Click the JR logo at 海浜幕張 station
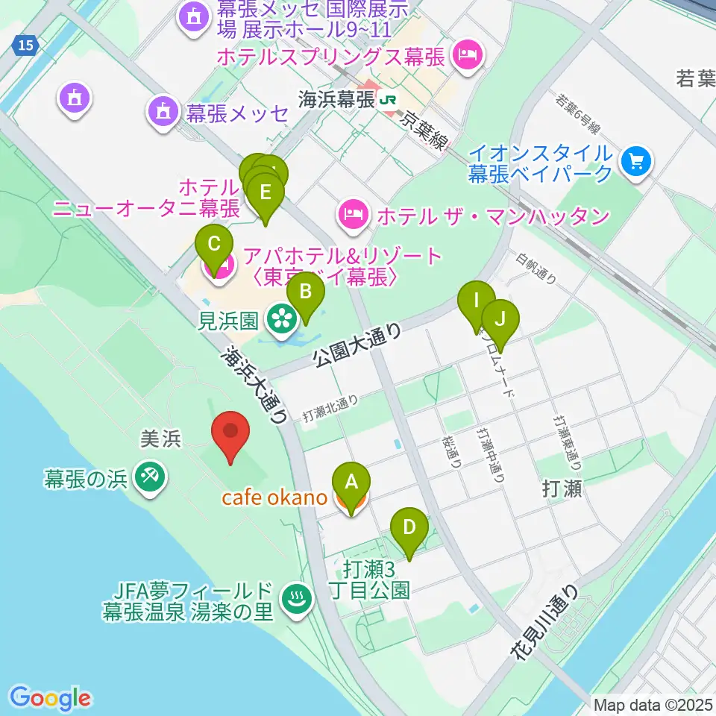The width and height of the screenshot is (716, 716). [387, 99]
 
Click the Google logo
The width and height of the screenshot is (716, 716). [51, 697]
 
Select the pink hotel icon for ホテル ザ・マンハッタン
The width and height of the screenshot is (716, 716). [351, 215]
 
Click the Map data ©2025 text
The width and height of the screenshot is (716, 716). [653, 704]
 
